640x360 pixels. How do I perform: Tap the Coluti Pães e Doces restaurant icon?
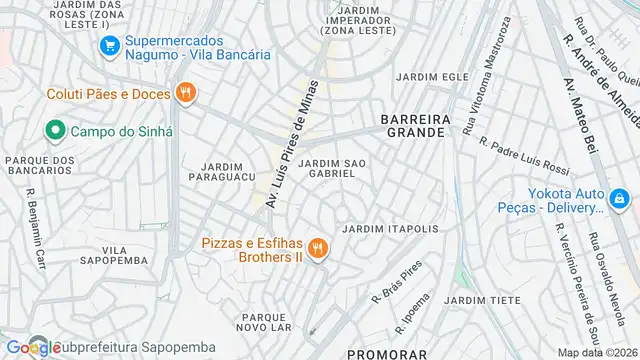point(184,94)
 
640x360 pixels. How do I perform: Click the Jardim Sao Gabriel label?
point(332,167)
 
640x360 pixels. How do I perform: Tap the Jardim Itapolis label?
point(390,229)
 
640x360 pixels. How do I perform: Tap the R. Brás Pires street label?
point(396,283)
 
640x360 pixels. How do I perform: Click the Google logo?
point(31,347)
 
